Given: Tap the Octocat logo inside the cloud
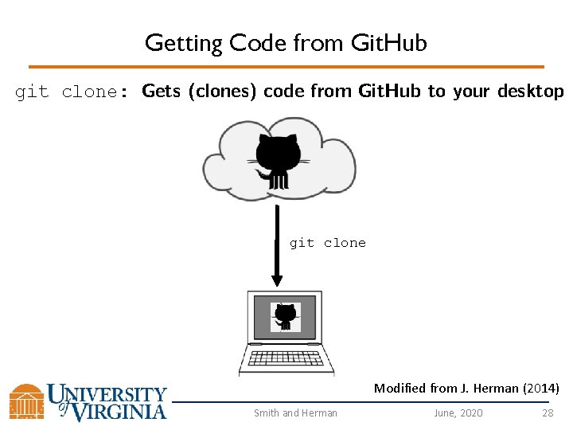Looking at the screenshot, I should tap(278, 160).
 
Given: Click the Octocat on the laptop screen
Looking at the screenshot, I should tap(284, 317).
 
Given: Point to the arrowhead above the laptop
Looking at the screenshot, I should tap(277, 279).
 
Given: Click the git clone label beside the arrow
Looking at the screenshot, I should tap(327, 243).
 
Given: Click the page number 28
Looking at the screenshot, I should tap(548, 412).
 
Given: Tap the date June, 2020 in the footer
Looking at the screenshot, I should tap(458, 412).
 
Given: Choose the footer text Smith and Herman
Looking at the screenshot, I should tap(295, 412).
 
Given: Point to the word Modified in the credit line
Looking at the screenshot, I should tap(400, 389).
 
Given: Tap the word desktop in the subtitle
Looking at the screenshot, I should tap(530, 91).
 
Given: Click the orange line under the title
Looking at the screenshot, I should tap(286, 67).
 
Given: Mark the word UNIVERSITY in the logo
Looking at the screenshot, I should tap(107, 393).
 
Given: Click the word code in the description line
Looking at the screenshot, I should tap(283, 91).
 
